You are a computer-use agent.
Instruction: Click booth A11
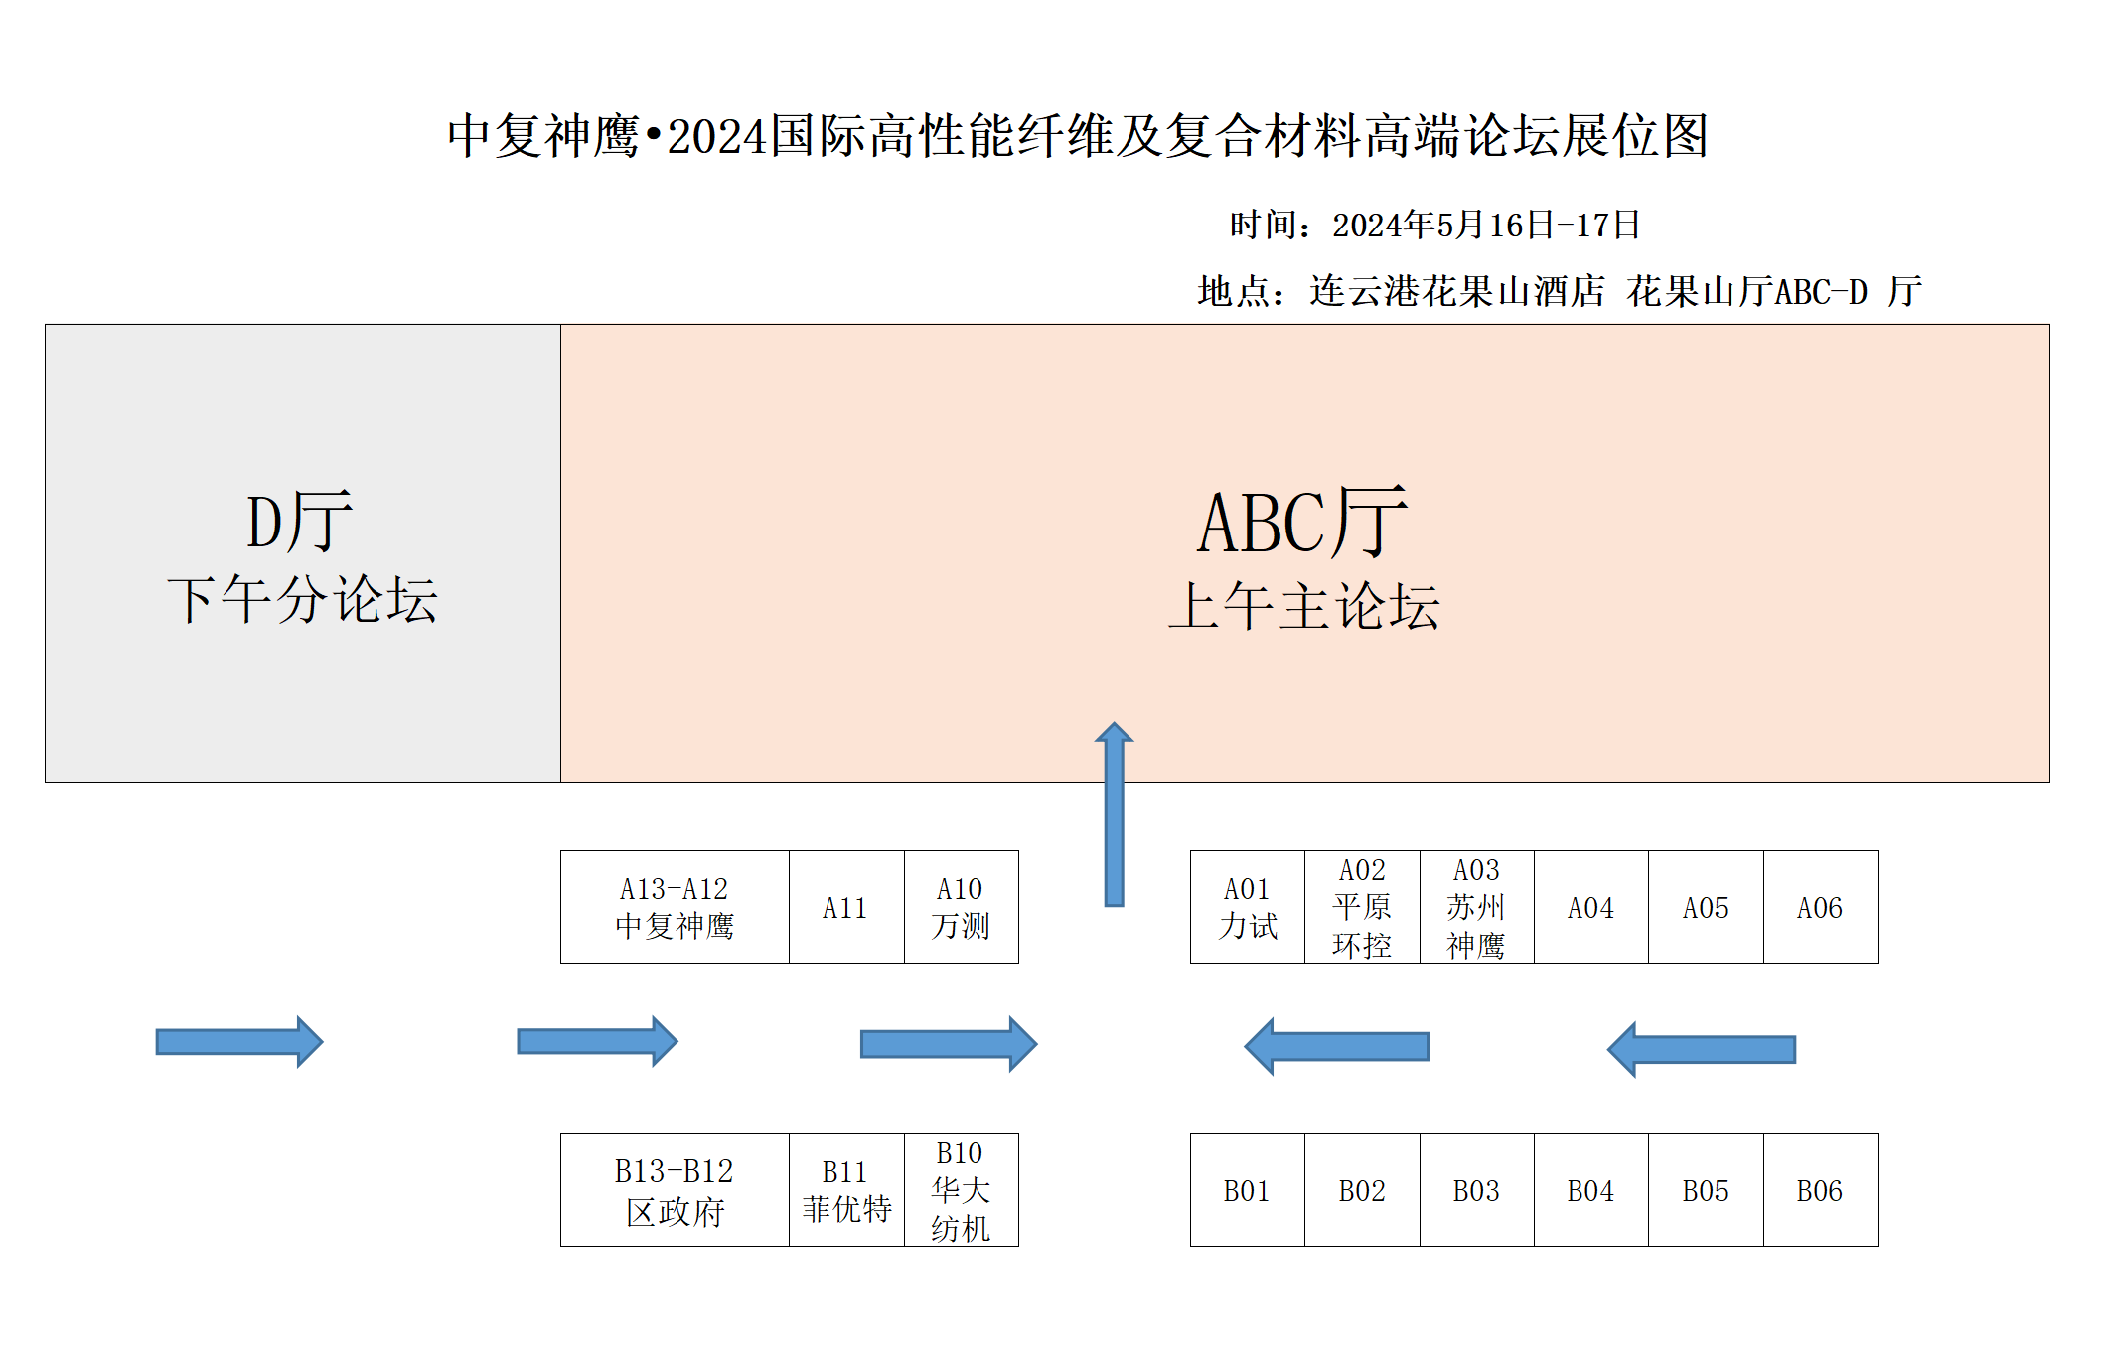[x=845, y=907]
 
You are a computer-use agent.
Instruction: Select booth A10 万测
[x=961, y=907]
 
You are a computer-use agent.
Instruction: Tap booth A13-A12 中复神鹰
[x=675, y=907]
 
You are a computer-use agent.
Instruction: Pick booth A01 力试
[x=1247, y=907]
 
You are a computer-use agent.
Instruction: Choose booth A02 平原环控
[x=1361, y=907]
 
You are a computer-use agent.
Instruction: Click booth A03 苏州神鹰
[x=1476, y=907]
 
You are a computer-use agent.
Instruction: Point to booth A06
[x=1820, y=907]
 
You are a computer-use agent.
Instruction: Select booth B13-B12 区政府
[x=675, y=1190]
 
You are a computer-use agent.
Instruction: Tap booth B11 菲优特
[x=846, y=1190]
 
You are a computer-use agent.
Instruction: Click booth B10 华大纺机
[x=961, y=1190]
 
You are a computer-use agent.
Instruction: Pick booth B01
[x=1247, y=1190]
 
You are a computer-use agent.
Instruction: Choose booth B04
[x=1590, y=1190]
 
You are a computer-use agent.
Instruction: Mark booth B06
[x=1820, y=1190]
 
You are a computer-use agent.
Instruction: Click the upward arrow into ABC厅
[x=1115, y=815]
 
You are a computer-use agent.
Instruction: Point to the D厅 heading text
[x=299, y=521]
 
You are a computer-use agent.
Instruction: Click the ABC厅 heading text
[x=1302, y=523]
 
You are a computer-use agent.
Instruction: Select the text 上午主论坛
[x=1303, y=606]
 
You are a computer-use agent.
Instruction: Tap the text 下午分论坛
[x=302, y=600]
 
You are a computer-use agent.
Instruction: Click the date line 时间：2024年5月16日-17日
[x=1434, y=226]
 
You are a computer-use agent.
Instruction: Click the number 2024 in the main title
[x=717, y=137]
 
